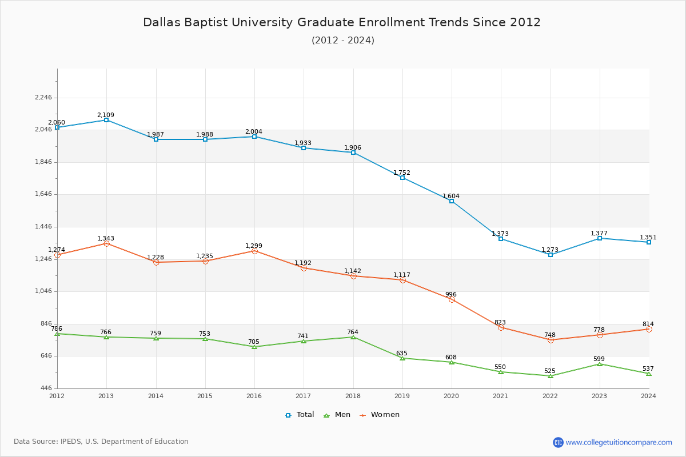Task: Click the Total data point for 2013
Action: tap(106, 120)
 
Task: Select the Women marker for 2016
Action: tap(254, 251)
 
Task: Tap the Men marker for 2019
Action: tap(402, 358)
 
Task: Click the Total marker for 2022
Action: tap(551, 254)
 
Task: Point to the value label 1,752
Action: tap(402, 173)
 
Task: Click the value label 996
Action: tap(451, 294)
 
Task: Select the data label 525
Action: tap(549, 371)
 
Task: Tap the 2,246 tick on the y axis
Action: tap(43, 98)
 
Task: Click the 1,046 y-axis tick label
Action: tap(43, 291)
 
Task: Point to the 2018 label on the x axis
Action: tap(353, 396)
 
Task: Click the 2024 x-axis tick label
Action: tap(648, 396)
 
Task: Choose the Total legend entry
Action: tap(300, 415)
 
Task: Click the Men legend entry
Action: tap(338, 415)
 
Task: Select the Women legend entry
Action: tap(380, 415)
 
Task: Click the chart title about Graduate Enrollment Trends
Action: tap(342, 22)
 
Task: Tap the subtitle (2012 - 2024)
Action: tap(343, 40)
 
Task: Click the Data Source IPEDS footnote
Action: tap(101, 442)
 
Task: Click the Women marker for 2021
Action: tap(501, 327)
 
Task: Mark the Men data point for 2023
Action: tap(600, 364)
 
